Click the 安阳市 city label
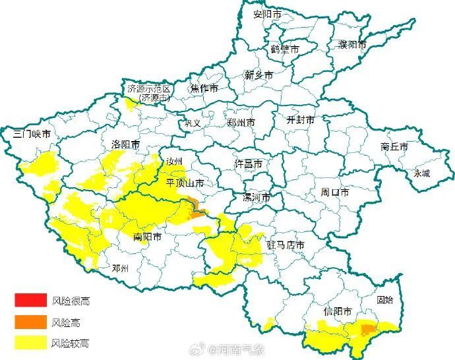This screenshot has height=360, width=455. (x=268, y=15)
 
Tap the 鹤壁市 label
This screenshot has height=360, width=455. (x=284, y=49)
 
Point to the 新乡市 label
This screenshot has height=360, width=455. (x=258, y=75)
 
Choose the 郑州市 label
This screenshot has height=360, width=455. (x=241, y=123)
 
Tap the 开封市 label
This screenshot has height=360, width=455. (x=300, y=121)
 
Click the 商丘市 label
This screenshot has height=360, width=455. (x=394, y=146)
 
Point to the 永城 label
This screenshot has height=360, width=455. (x=421, y=173)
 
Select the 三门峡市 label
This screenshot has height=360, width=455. (x=32, y=134)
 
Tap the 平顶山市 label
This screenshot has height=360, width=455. (x=185, y=183)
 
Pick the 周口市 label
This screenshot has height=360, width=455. (x=335, y=192)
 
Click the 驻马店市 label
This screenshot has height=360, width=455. (x=286, y=245)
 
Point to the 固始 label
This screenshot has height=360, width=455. (x=384, y=300)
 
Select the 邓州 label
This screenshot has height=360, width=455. (x=121, y=268)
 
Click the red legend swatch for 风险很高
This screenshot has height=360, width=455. (x=31, y=301)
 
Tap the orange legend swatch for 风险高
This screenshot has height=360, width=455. (x=31, y=322)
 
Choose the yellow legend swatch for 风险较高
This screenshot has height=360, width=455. (x=31, y=343)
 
